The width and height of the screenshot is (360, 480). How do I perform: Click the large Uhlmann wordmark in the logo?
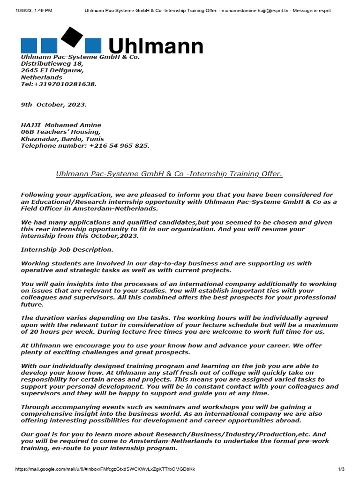pyautogui.click(x=156, y=46)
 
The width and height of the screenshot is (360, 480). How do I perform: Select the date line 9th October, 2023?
pyautogui.click(x=53, y=105)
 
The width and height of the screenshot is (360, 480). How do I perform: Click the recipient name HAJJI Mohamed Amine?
pyautogui.click(x=61, y=125)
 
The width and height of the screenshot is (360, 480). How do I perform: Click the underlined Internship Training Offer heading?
pyautogui.click(x=169, y=174)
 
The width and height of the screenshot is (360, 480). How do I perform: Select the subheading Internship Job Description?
pyautogui.click(x=67, y=249)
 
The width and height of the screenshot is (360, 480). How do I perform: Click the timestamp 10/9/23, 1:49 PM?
pyautogui.click(x=34, y=10)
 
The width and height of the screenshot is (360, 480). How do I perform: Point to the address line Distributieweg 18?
pyautogui.click(x=52, y=63)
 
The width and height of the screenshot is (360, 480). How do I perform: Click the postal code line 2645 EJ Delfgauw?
pyautogui.click(x=52, y=70)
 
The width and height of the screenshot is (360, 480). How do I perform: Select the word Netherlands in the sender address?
pyautogui.click(x=41, y=77)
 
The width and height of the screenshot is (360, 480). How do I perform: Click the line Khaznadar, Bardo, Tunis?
pyautogui.click(x=62, y=139)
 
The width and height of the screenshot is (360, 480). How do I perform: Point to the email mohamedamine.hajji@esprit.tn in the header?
pyautogui.click(x=251, y=10)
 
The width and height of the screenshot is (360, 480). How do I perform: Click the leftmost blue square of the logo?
pyautogui.click(x=29, y=45)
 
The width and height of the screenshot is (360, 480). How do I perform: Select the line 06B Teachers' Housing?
pyautogui.click(x=60, y=132)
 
